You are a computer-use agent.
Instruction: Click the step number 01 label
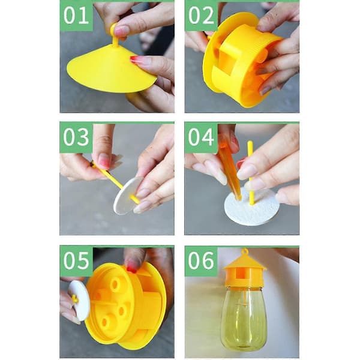[76, 16]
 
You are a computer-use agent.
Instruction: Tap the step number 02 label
[201, 16]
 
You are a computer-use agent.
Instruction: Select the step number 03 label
[76, 137]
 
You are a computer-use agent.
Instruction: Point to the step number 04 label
[201, 137]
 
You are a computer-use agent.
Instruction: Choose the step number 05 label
[76, 260]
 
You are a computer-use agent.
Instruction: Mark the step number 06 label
[201, 260]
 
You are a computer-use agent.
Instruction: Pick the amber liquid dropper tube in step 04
[230, 171]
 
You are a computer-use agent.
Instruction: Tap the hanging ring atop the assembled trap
[245, 251]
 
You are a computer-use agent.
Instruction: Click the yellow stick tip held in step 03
[93, 164]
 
